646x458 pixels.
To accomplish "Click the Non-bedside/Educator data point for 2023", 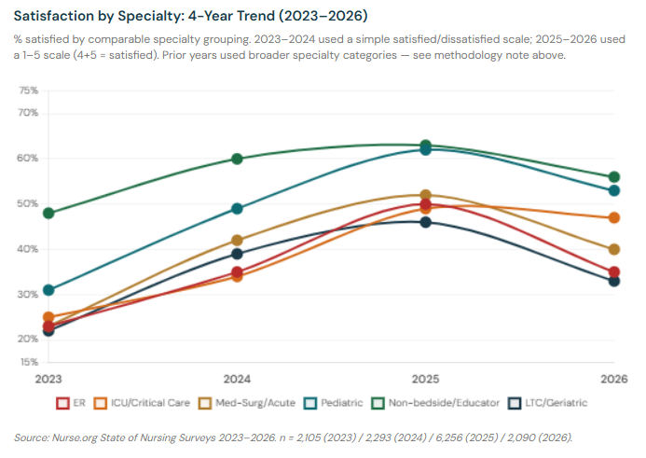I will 48,213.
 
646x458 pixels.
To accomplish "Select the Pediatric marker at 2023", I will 48,290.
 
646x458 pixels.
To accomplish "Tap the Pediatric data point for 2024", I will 237,209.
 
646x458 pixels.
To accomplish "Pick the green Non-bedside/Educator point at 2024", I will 237,159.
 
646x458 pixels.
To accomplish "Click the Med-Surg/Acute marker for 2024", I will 237,241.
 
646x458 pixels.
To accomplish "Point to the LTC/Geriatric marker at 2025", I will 426,222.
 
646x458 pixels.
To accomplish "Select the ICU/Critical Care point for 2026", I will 614,217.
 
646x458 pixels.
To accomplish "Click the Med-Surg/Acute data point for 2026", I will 614,249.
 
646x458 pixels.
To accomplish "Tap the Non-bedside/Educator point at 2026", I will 614,177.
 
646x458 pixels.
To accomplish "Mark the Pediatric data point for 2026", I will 614,190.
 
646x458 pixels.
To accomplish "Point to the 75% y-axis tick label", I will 29,90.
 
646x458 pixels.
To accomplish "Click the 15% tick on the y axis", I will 29,361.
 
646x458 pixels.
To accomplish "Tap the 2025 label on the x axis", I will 426,380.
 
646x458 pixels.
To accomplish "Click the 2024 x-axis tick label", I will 237,380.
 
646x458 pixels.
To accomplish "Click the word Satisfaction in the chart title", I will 55,16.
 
